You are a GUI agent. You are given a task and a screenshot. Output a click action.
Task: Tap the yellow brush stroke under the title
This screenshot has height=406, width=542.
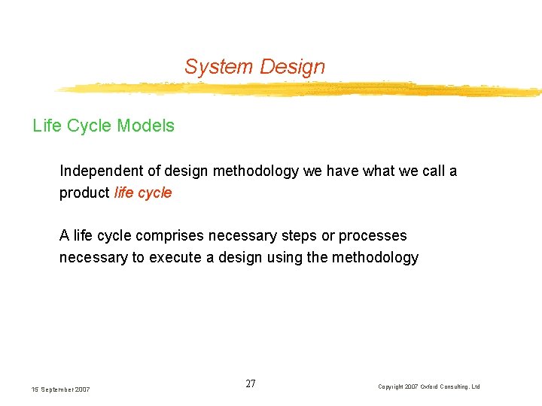(x=301, y=89)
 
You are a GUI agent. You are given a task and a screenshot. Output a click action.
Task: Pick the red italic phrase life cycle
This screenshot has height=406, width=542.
(x=143, y=192)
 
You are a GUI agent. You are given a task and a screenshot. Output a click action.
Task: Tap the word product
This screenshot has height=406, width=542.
(x=84, y=192)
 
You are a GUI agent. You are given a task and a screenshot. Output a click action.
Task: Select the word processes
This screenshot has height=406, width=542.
(x=373, y=236)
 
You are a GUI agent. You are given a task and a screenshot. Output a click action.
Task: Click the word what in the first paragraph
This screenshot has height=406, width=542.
(x=382, y=171)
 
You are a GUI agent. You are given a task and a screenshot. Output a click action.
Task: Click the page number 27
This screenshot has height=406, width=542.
(x=251, y=384)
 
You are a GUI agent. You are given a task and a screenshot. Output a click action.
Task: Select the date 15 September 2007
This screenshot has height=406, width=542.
(x=61, y=389)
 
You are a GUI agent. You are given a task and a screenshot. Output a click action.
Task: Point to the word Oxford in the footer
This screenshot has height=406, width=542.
(x=433, y=386)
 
